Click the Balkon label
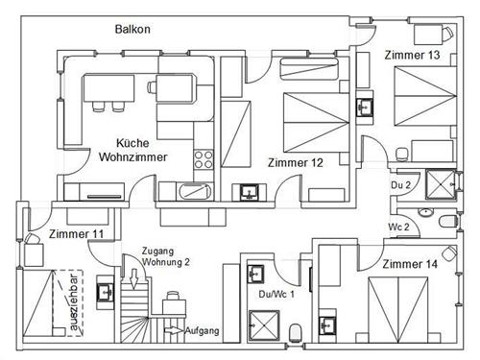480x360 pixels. click(132, 29)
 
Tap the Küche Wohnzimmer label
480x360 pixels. click(132, 150)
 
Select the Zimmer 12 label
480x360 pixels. click(296, 162)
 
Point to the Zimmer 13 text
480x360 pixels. click(412, 55)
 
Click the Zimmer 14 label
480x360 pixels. click(410, 264)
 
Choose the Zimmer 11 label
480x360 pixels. click(76, 234)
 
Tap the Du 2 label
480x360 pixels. click(400, 185)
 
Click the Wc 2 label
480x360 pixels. click(398, 227)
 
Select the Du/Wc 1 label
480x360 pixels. click(276, 294)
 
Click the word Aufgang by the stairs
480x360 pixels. click(203, 330)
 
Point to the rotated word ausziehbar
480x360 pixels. click(73, 302)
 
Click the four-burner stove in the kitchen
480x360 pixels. click(204, 159)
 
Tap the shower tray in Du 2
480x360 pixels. click(441, 184)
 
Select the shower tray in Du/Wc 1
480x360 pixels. click(264, 325)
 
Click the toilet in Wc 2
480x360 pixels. click(448, 221)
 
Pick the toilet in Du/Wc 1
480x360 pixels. click(296, 332)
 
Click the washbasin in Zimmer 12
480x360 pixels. click(249, 192)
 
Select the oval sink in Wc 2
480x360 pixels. click(425, 212)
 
